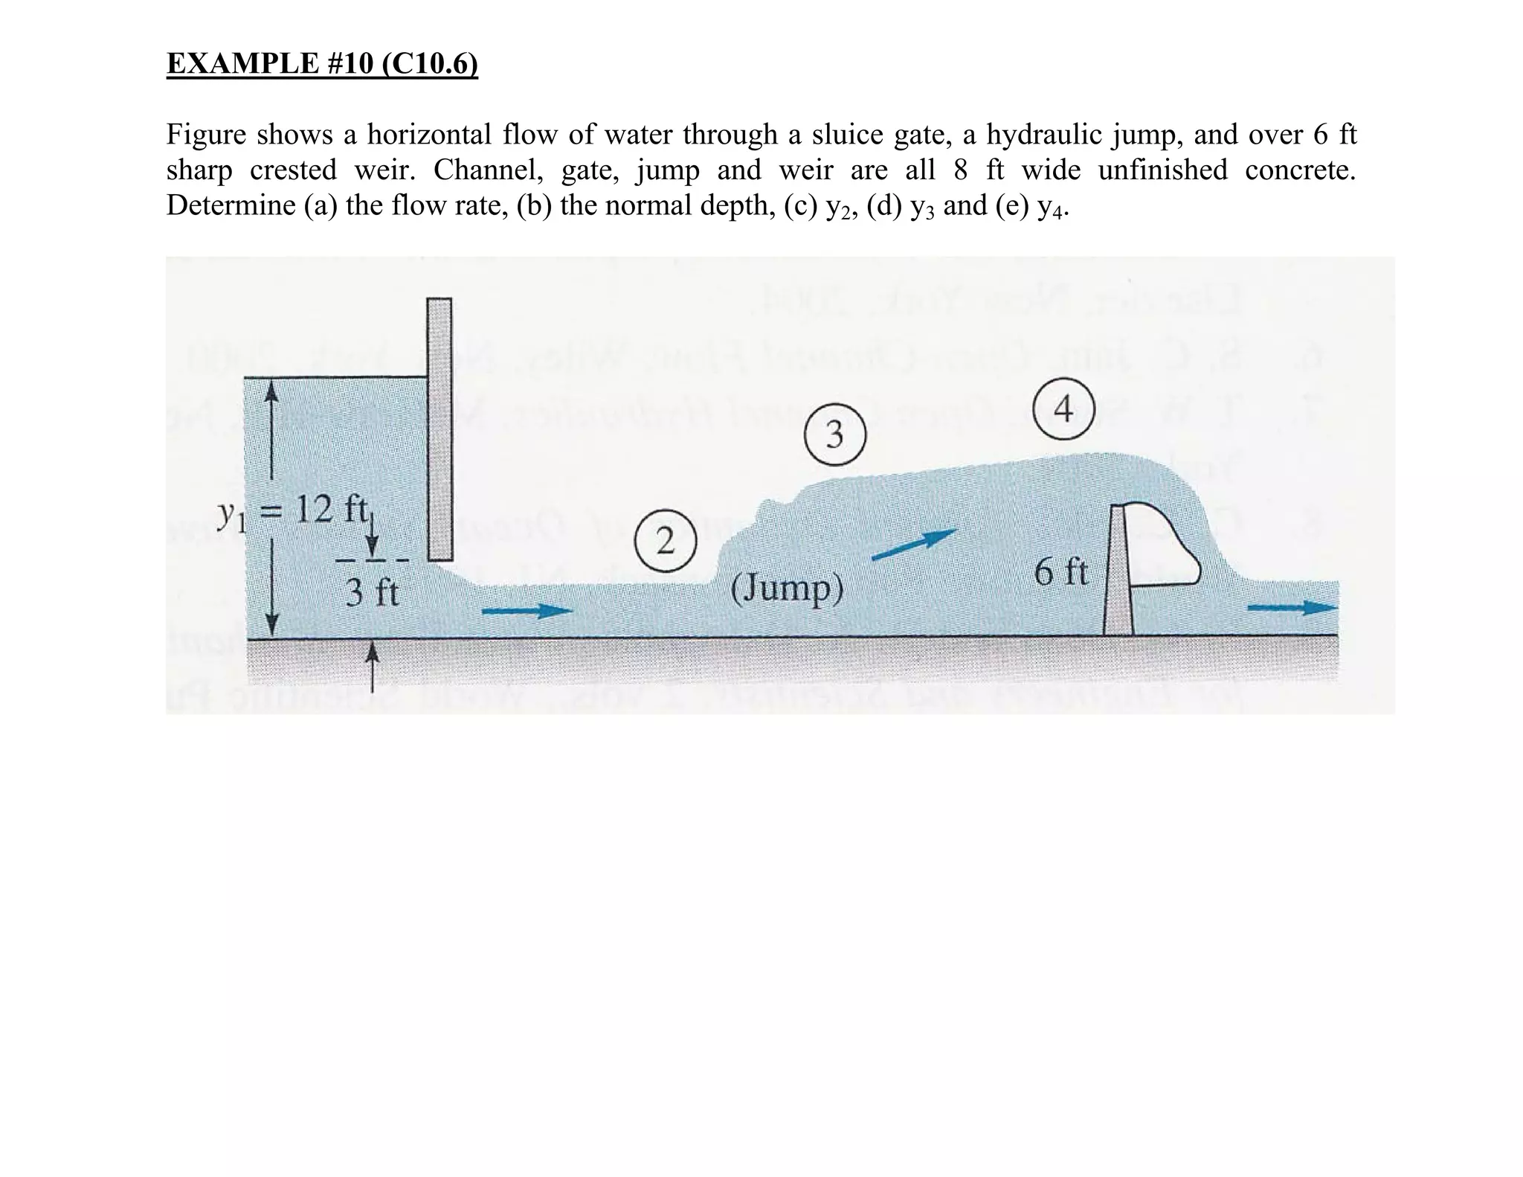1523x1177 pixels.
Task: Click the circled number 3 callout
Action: (835, 434)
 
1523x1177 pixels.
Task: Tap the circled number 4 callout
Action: (1064, 409)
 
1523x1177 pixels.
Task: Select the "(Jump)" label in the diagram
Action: (788, 589)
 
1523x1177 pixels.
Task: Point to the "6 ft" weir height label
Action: (1061, 573)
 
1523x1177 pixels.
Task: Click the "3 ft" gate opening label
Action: (373, 593)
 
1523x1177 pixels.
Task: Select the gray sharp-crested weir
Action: (1118, 573)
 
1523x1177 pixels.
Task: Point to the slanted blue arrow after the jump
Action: (914, 544)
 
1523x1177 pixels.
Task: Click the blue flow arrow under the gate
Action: (527, 611)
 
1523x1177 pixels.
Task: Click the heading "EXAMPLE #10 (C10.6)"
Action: (322, 64)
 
